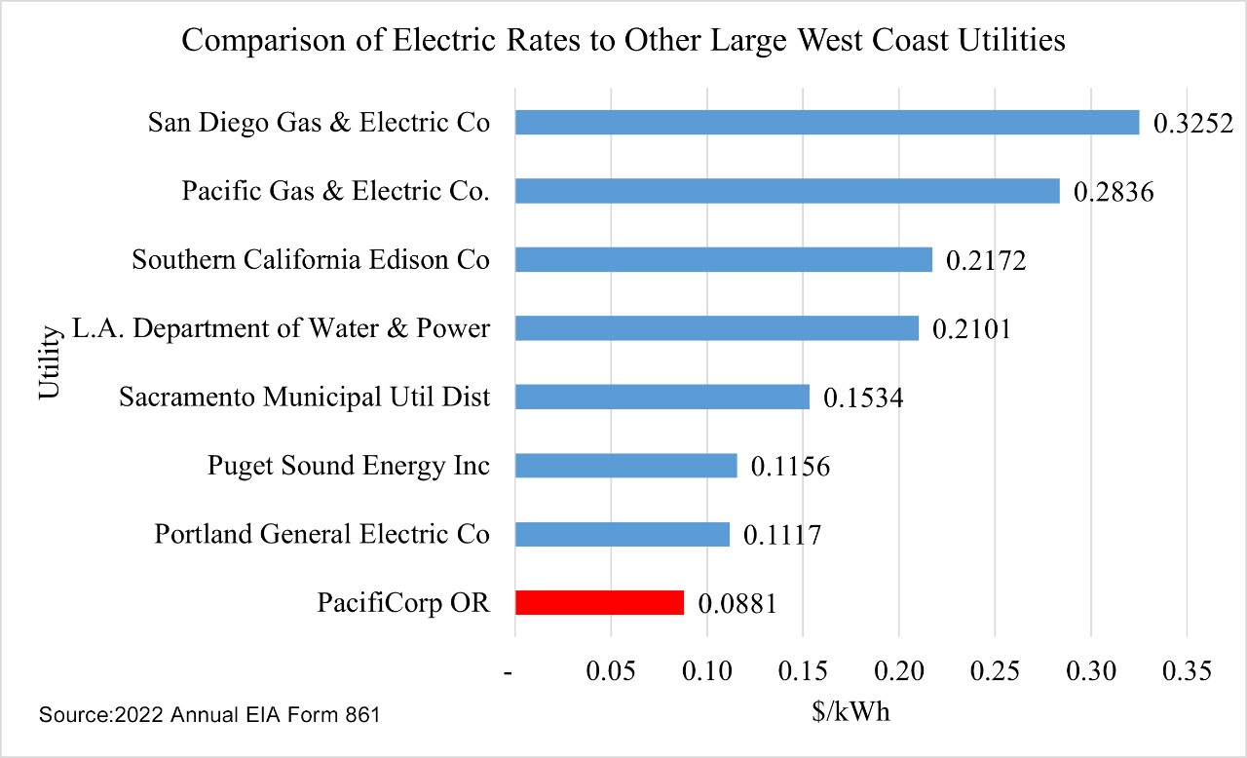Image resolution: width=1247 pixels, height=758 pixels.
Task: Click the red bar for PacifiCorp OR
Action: tap(599, 603)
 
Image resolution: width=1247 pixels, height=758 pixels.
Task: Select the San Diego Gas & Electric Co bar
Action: tap(826, 122)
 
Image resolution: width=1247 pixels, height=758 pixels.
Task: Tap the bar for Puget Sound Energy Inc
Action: tap(625, 466)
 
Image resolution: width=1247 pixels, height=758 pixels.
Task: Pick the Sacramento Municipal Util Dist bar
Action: tap(661, 397)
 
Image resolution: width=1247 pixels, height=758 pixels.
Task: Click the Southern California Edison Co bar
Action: tap(723, 259)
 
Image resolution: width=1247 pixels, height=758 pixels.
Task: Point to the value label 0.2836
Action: tap(1113, 192)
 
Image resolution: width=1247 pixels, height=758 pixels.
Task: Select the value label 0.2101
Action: tap(971, 329)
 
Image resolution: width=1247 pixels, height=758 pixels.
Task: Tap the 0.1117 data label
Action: tap(782, 535)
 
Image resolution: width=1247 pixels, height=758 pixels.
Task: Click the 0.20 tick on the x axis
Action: tap(898, 671)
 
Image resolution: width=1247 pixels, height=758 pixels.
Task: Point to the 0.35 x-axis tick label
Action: tap(1187, 671)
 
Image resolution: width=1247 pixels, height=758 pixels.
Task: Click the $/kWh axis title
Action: tap(850, 712)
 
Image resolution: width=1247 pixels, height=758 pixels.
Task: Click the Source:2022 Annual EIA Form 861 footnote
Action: tap(208, 715)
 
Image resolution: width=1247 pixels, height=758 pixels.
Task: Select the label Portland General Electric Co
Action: tap(321, 535)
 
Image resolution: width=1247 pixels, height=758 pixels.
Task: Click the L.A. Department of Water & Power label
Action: tap(281, 329)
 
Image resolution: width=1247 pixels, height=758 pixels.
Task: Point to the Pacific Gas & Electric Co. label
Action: tap(335, 192)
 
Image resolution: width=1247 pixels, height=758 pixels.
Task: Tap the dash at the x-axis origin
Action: tap(509, 672)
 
